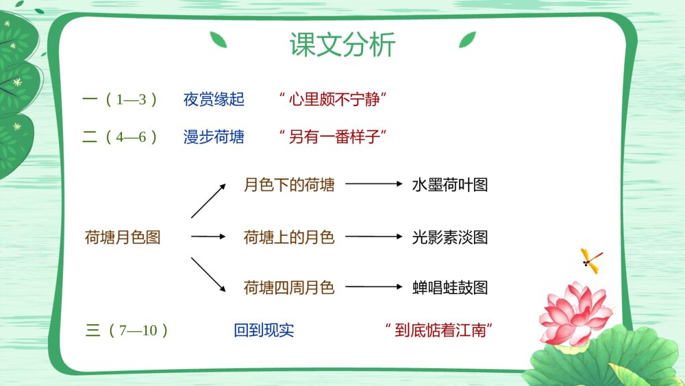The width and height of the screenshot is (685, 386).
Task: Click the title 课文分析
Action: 342,44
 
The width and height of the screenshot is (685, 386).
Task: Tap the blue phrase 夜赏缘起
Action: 214,99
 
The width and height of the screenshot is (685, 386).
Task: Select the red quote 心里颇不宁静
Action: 333,99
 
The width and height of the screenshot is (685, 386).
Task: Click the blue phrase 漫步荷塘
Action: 214,137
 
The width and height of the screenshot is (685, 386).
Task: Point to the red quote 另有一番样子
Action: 333,137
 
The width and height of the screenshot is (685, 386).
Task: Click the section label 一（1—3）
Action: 119,99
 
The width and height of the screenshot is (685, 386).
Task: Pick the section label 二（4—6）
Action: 119,137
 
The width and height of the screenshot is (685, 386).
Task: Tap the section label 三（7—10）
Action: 127,330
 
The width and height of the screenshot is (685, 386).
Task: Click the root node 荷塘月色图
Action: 123,237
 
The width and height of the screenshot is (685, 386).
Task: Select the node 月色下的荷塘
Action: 289,184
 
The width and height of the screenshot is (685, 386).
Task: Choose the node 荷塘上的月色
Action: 289,237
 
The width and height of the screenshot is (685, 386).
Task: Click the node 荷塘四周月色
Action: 289,287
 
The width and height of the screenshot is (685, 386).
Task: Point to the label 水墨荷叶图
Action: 450,184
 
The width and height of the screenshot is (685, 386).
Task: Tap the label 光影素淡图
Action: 450,237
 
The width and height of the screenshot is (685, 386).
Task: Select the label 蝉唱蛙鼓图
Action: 450,287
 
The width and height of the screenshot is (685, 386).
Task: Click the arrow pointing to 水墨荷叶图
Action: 374,184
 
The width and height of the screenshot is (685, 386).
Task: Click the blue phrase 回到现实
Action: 264,330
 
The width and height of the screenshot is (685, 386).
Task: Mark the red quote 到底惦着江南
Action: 439,330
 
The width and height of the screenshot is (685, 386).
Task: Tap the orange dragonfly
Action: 591,261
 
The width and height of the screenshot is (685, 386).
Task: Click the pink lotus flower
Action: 575,315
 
